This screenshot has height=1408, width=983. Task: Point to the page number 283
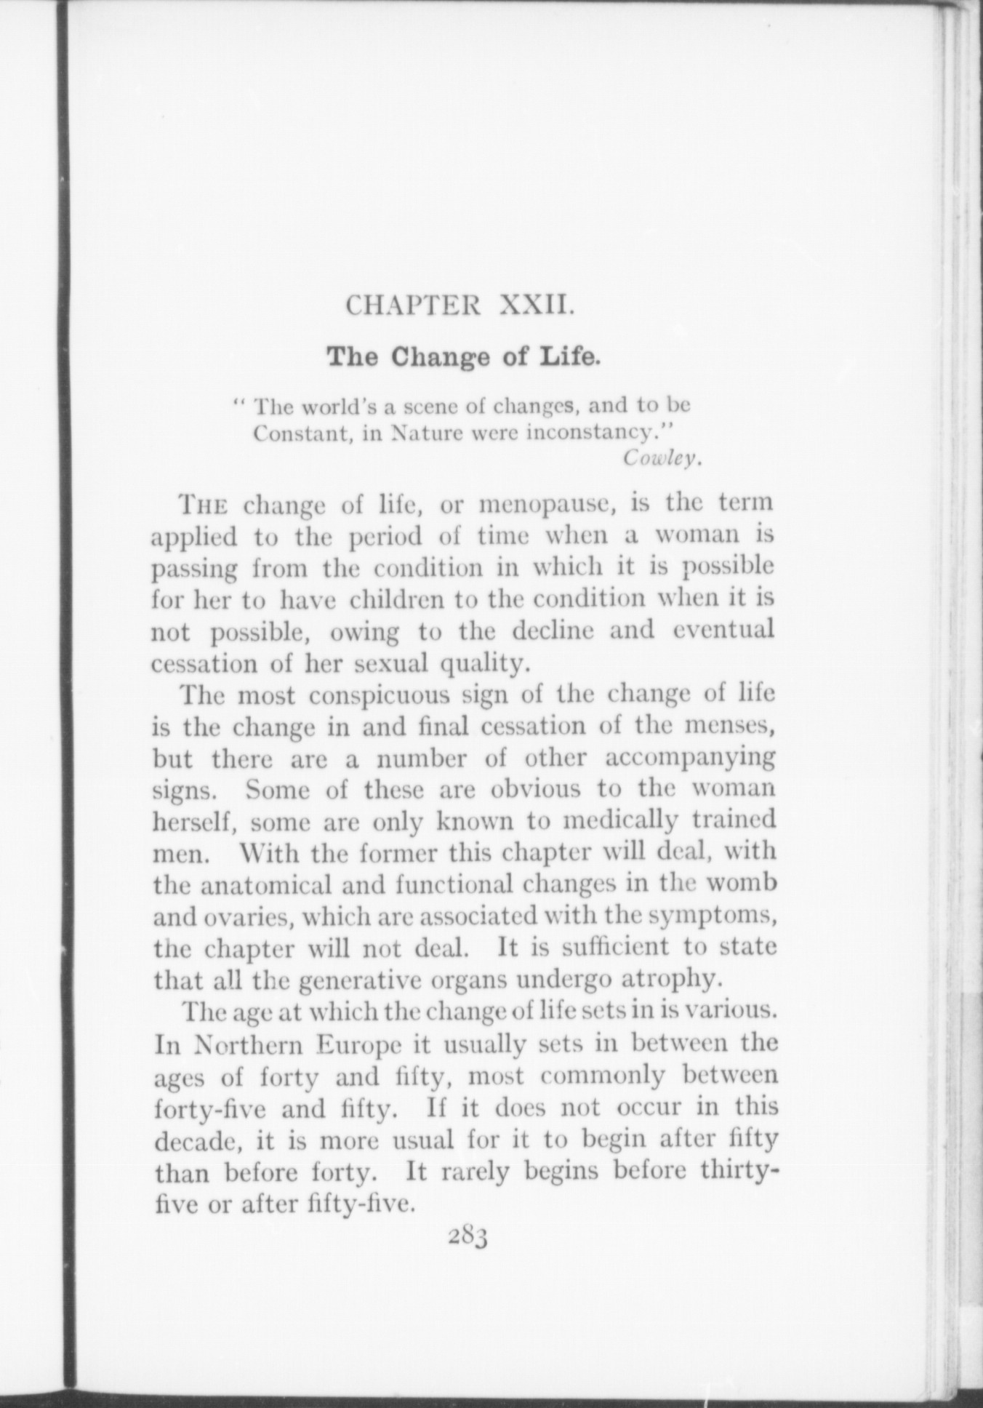tap(467, 1236)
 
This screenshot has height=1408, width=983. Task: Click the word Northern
tap(246, 1044)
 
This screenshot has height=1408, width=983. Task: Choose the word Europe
tap(361, 1044)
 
